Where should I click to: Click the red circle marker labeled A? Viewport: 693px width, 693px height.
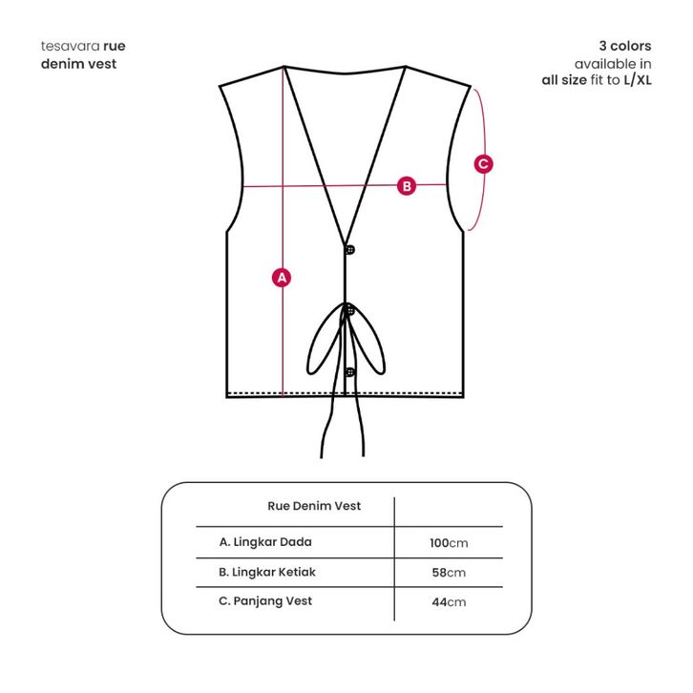pyautogui.click(x=282, y=278)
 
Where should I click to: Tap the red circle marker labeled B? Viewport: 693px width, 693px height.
pyautogui.click(x=407, y=185)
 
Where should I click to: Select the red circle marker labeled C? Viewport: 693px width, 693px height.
pyautogui.click(x=484, y=164)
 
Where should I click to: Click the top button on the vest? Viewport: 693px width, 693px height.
pyautogui.click(x=350, y=250)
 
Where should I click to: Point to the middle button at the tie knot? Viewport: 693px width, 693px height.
pyautogui.click(x=350, y=310)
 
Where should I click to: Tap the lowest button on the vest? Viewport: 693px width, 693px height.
pyautogui.click(x=350, y=371)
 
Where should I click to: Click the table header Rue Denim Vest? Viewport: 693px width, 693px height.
pyautogui.click(x=314, y=506)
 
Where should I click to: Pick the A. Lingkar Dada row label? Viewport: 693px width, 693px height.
pyautogui.click(x=265, y=542)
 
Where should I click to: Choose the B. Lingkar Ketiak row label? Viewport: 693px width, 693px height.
pyautogui.click(x=267, y=573)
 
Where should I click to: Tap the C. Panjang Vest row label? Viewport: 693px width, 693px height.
pyautogui.click(x=265, y=601)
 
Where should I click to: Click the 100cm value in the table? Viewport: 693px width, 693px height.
pyautogui.click(x=449, y=543)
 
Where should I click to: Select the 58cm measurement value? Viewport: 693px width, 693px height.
pyautogui.click(x=449, y=573)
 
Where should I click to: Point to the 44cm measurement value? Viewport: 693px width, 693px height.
pyautogui.click(x=449, y=602)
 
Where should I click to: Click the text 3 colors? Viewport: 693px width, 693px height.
pyautogui.click(x=624, y=46)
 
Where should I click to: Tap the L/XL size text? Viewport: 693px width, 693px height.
pyautogui.click(x=638, y=80)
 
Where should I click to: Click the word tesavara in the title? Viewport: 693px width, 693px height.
pyautogui.click(x=71, y=46)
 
